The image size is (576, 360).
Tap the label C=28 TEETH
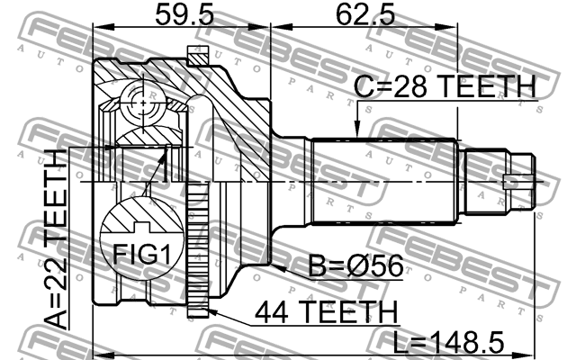[x=445, y=87]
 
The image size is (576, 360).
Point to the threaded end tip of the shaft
[x=527, y=182]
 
